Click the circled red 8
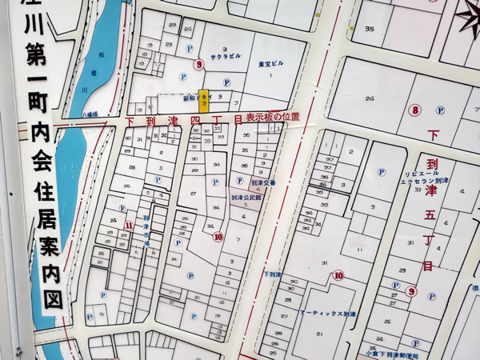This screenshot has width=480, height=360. point(414,110)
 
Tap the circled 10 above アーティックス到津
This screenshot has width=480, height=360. point(338,276)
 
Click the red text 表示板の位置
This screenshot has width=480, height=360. point(273,118)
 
